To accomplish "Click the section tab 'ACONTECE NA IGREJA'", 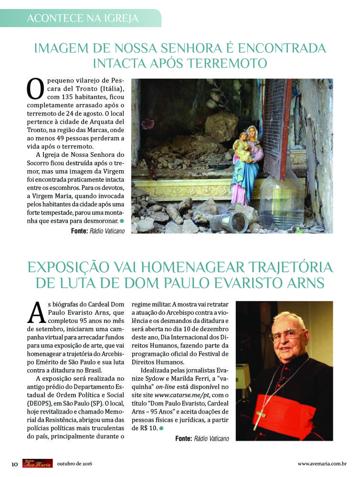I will point(83,18).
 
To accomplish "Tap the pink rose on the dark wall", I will point(148,124).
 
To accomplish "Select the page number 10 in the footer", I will point(14,463).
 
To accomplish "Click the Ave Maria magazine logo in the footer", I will point(37,463).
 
